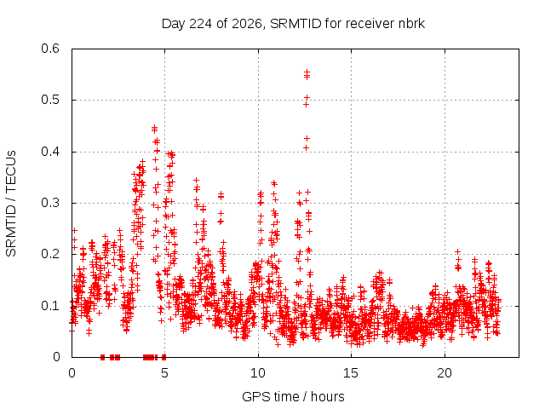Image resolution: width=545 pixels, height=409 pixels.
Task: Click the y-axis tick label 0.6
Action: coord(50,49)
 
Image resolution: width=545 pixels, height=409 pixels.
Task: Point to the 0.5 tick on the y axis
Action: coord(50,100)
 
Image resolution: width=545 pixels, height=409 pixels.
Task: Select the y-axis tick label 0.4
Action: coord(50,152)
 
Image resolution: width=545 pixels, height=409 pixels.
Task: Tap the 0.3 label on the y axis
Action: coord(50,203)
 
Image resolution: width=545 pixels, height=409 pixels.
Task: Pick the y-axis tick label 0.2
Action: coord(50,254)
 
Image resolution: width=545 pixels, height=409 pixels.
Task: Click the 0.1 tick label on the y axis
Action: coord(50,306)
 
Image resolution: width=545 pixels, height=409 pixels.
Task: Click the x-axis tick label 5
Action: coord(164,373)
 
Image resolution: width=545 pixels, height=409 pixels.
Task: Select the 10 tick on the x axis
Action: coord(258,373)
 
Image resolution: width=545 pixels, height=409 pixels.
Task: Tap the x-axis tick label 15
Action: coord(351,373)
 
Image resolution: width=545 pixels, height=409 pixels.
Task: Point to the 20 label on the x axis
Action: coord(445,373)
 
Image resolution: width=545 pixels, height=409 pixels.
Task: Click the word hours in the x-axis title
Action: coord(327,396)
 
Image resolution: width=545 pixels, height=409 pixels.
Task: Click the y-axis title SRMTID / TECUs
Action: coord(11,204)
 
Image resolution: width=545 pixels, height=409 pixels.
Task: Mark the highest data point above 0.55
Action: coord(307,72)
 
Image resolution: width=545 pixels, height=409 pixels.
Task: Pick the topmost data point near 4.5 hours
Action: coord(155,128)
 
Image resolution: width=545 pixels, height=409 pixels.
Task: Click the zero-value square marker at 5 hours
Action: coord(164,357)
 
